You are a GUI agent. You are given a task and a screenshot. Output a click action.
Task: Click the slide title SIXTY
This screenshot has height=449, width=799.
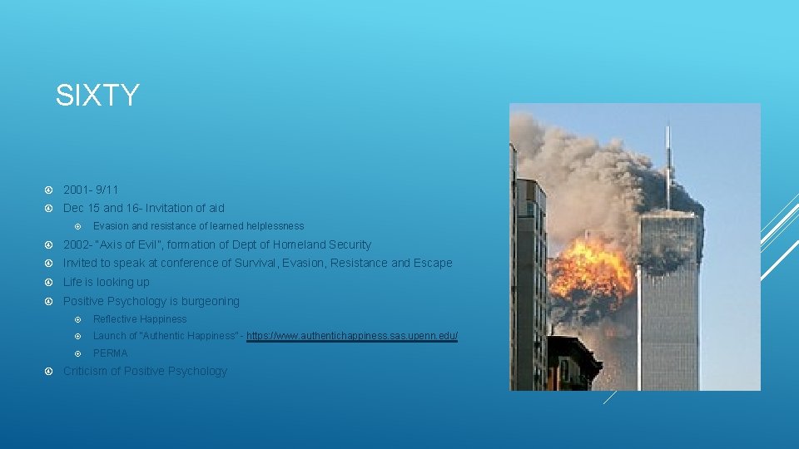click(x=97, y=96)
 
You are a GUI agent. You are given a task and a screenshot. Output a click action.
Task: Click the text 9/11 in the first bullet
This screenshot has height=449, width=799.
click(x=107, y=190)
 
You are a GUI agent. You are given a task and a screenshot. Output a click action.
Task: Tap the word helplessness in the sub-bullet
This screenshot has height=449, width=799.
click(x=271, y=226)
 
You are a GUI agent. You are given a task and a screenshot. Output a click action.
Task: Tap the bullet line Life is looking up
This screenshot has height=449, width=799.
click(x=107, y=282)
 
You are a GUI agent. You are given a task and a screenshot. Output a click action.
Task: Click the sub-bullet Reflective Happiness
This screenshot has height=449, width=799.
click(x=140, y=319)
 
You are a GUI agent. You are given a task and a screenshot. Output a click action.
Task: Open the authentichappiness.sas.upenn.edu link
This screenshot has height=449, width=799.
click(x=352, y=336)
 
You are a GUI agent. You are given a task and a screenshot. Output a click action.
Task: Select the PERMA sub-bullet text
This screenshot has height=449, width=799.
click(x=111, y=353)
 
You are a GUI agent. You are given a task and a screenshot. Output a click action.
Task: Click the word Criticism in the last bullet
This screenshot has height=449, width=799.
click(x=90, y=371)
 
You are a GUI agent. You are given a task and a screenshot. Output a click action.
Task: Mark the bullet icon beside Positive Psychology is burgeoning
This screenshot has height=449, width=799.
click(x=49, y=301)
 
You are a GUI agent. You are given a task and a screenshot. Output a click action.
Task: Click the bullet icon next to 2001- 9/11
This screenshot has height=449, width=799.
click(x=49, y=190)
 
